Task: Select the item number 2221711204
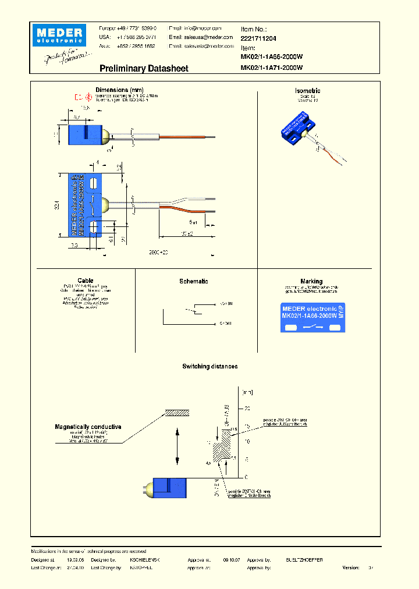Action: (x=259, y=38)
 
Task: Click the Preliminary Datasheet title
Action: (x=144, y=69)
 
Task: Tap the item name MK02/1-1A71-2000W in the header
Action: (x=272, y=68)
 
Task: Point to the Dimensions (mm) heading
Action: (x=119, y=90)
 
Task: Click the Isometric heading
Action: (x=308, y=91)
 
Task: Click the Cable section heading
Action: (x=85, y=281)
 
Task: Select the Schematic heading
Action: (x=194, y=281)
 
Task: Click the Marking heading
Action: (x=311, y=281)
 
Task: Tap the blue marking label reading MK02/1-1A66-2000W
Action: (x=313, y=318)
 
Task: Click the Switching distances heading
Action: (x=210, y=366)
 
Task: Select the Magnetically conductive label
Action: (x=88, y=427)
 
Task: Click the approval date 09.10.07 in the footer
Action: (x=231, y=559)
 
